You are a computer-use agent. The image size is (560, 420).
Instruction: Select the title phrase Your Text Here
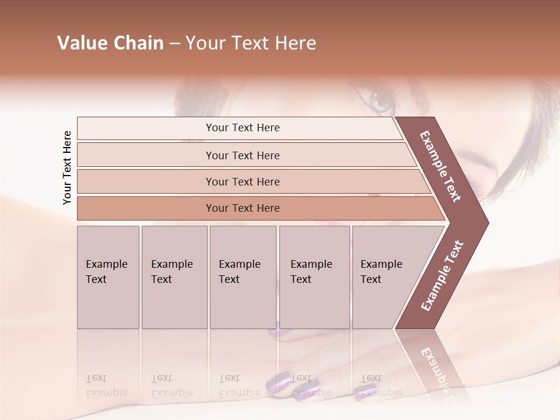tap(251, 43)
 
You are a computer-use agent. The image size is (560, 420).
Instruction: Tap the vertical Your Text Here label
tap(67, 167)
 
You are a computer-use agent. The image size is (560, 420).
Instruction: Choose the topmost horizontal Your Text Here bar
tap(242, 128)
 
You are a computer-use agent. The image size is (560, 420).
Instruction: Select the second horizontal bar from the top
tap(242, 155)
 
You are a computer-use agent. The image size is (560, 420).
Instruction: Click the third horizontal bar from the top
tap(242, 181)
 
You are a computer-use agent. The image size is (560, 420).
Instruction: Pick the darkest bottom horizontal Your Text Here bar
tap(242, 208)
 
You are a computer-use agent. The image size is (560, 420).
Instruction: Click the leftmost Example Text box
tap(108, 277)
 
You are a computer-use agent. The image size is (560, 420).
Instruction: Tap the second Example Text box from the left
tap(174, 277)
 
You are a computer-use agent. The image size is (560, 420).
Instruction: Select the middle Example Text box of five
tap(243, 277)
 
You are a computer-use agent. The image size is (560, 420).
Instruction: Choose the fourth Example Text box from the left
tap(314, 277)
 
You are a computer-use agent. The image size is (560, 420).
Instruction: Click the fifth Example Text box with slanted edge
tap(385, 277)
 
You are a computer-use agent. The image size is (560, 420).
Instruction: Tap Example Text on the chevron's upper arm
tap(440, 166)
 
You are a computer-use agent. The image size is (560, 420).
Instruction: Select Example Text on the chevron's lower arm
tap(442, 275)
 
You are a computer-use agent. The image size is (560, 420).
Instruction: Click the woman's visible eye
tap(382, 101)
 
